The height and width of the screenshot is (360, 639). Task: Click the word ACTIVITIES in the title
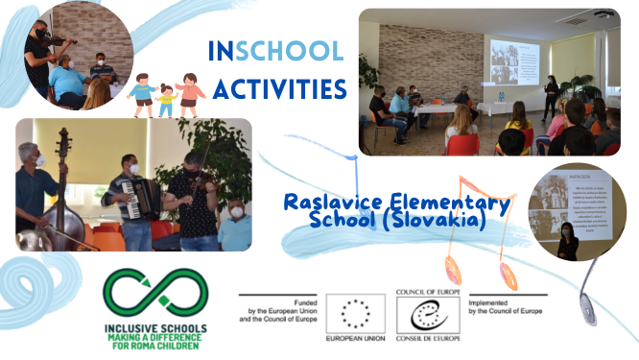tap(278, 88)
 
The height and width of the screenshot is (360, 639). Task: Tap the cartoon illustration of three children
tap(166, 94)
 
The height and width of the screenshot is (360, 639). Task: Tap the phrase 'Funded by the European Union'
tap(279, 306)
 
